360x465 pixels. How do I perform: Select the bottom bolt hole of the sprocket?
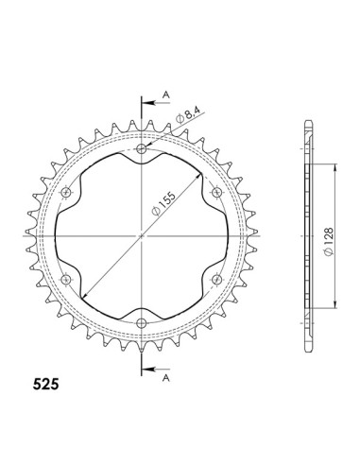click(x=142, y=323)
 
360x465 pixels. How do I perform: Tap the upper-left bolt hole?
click(x=66, y=193)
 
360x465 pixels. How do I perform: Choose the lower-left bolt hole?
click(x=66, y=280)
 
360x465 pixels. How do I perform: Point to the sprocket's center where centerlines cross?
click(x=142, y=236)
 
